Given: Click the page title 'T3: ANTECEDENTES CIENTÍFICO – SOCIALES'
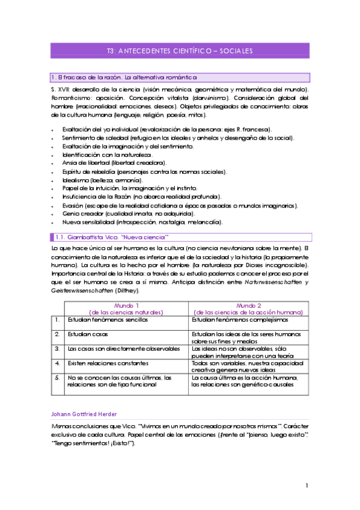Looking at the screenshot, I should click(180, 51).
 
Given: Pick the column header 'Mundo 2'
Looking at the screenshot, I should click(248, 306).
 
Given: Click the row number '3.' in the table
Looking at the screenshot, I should click(56, 348).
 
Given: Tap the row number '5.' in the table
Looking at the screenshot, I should click(56, 377).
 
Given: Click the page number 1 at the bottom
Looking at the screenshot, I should click(307, 485).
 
